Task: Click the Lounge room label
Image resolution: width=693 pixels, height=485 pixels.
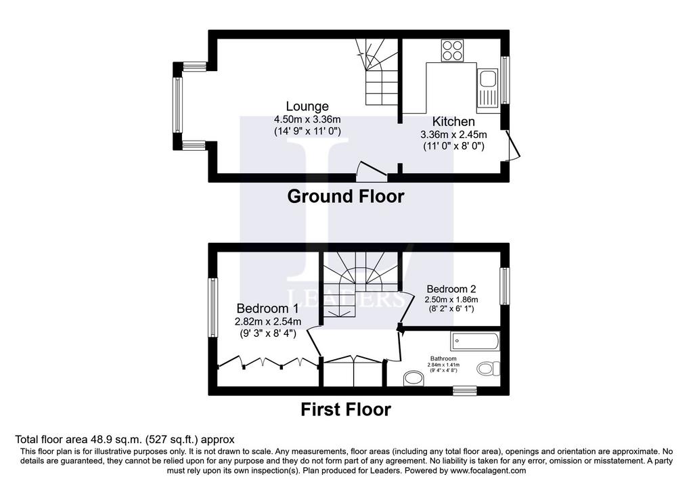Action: (x=307, y=106)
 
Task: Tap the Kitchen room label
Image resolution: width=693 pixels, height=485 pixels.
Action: (x=453, y=122)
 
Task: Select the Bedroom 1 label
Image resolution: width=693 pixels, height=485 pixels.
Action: (x=268, y=308)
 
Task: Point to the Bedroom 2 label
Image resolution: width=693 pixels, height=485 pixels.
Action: (x=451, y=289)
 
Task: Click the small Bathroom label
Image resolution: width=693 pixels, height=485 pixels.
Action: (x=443, y=359)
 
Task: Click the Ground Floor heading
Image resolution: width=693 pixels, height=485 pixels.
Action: (x=346, y=197)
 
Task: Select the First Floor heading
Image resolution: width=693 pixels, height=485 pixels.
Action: (x=346, y=409)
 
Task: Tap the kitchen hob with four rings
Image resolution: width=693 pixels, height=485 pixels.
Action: (x=452, y=50)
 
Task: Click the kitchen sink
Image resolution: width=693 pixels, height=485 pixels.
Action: (x=487, y=91)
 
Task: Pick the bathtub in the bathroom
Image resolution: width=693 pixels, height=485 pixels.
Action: (x=475, y=341)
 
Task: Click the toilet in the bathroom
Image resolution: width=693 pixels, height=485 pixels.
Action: (x=489, y=368)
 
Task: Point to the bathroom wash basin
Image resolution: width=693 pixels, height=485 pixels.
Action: (x=413, y=379)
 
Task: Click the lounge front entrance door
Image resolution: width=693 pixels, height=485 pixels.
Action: (x=372, y=171)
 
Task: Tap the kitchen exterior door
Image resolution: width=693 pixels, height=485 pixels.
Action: (x=513, y=145)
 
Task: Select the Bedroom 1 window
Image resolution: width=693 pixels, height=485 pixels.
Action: (x=213, y=307)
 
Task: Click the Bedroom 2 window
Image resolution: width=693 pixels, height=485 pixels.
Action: (x=505, y=285)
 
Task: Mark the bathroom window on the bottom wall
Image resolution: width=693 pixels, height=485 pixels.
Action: (x=465, y=390)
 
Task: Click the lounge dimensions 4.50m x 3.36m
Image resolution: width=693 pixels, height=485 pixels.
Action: (x=307, y=120)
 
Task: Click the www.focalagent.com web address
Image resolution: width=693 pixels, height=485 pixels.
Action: (x=488, y=471)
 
